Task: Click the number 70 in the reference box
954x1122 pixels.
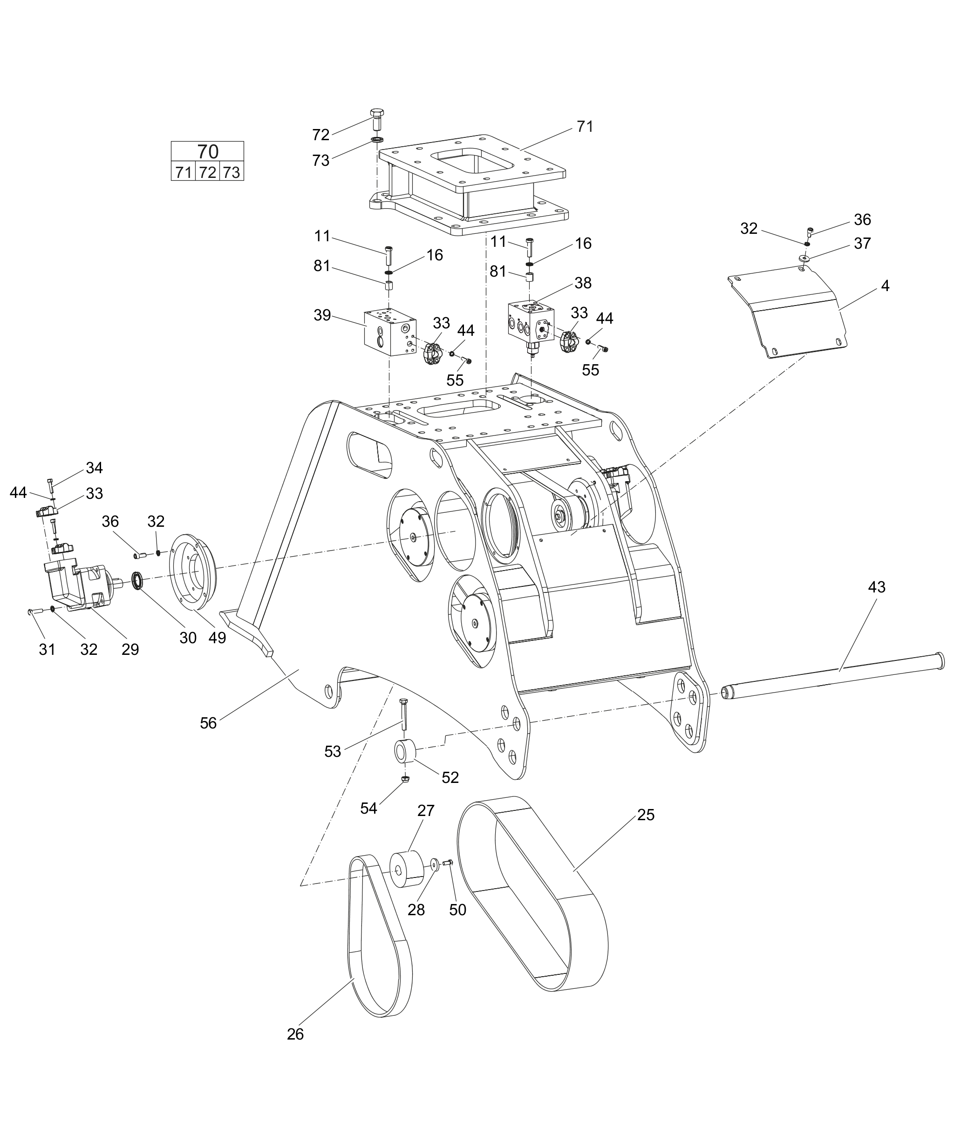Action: click(x=208, y=151)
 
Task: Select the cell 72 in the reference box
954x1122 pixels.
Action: click(x=208, y=172)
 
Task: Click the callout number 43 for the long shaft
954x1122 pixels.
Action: click(x=877, y=587)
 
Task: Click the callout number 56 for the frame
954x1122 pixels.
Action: click(x=208, y=723)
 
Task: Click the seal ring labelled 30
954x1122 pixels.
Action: click(x=138, y=581)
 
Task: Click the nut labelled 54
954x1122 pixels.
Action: click(x=405, y=779)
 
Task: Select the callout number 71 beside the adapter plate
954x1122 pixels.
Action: click(x=585, y=127)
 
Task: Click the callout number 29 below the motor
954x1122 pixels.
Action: click(x=130, y=649)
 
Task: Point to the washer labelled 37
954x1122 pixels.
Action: click(x=804, y=259)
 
